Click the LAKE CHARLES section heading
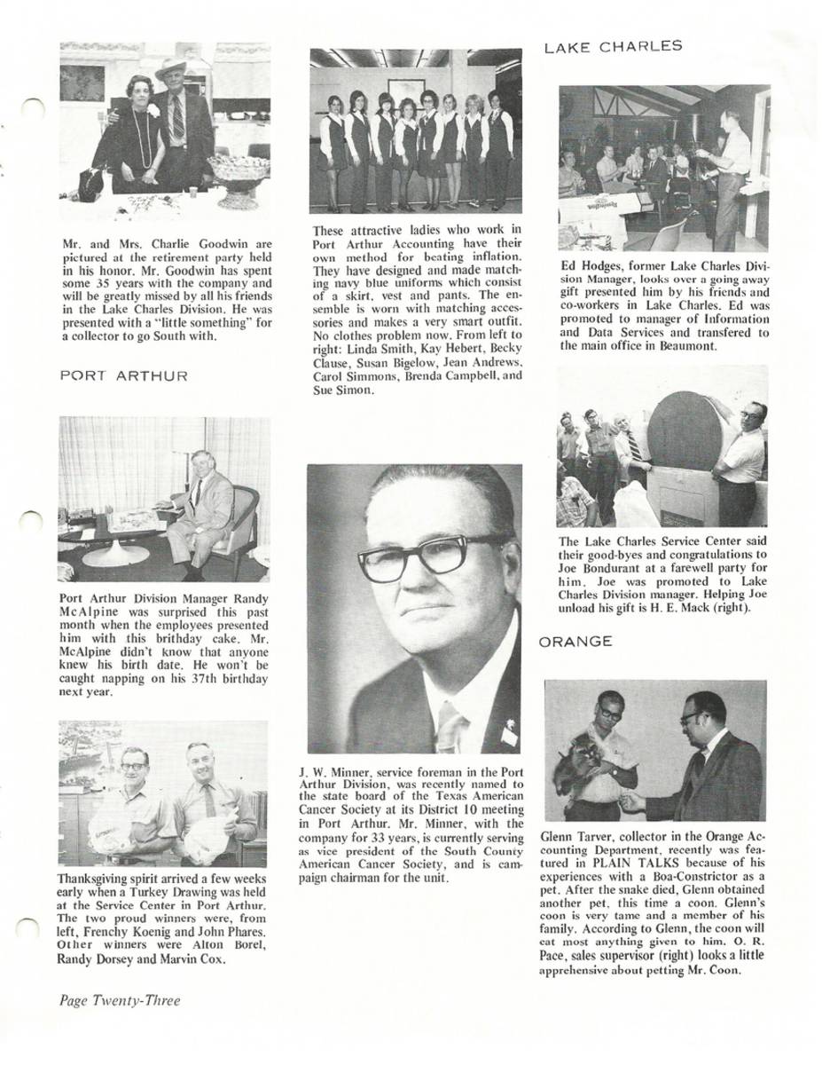point(613,47)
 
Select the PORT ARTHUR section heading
point(123,376)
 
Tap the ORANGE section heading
point(575,642)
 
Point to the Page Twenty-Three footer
point(120,1000)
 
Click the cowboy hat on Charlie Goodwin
point(171,69)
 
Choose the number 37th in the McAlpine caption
point(197,678)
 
